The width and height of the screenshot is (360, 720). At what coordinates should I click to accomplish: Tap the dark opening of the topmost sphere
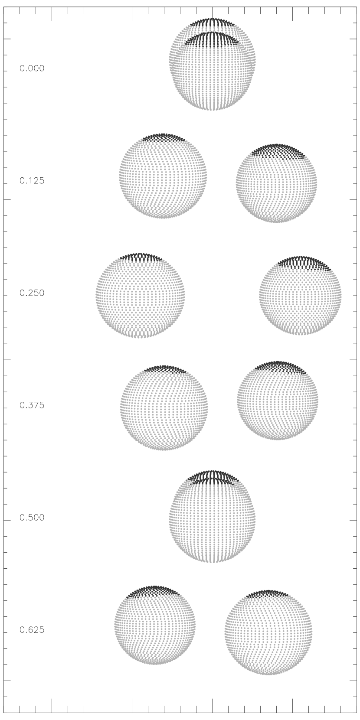coord(212,39)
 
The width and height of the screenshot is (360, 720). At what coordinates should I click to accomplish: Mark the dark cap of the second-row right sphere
coord(278,152)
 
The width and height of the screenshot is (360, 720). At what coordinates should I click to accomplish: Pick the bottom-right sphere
coord(268,633)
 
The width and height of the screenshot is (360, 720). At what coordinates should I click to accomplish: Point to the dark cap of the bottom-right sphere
coord(267,593)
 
